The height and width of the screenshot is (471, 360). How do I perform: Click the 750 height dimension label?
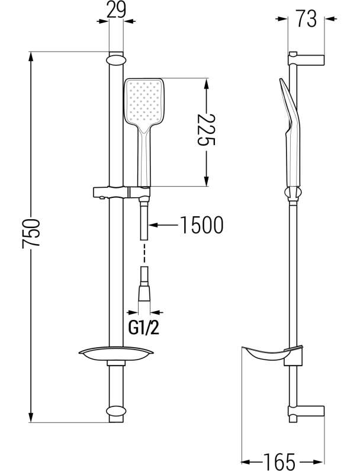31,233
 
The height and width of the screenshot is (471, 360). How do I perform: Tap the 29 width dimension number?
116,11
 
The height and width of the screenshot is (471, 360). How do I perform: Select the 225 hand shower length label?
206,130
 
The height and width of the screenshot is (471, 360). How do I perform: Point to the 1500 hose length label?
201,225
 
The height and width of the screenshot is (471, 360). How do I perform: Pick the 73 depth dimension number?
306,18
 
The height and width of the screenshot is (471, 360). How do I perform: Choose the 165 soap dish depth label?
279,462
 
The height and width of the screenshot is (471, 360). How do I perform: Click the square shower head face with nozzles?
144,101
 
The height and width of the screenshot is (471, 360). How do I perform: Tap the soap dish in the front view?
116,354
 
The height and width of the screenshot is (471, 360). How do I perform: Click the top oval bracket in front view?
116,59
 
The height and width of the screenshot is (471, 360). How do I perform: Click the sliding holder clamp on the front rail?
121,193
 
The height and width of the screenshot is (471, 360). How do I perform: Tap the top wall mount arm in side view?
306,59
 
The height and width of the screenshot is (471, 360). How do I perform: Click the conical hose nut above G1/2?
144,292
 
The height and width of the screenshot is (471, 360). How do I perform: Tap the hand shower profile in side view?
290,139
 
